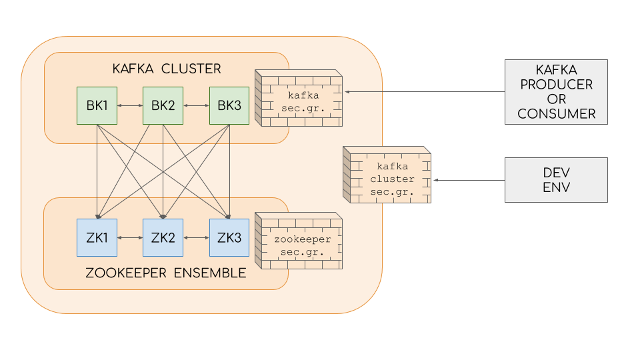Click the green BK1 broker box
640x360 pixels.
point(97,105)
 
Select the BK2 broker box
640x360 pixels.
point(163,105)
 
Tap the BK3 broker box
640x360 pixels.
point(229,105)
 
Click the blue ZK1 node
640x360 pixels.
point(97,237)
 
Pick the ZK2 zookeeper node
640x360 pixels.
point(163,237)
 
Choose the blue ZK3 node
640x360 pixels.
point(229,237)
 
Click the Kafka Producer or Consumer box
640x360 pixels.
point(556,91)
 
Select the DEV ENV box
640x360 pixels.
point(556,180)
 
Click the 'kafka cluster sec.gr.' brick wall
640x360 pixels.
point(387,175)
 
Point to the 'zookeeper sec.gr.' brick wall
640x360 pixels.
point(299,241)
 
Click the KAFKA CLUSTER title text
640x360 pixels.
point(166,69)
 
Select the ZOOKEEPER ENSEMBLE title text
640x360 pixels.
point(166,273)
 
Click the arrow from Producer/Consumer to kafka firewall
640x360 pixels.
point(424,91)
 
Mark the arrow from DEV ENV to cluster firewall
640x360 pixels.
point(468,180)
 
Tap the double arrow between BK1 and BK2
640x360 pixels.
point(130,105)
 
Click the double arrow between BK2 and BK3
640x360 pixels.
point(196,105)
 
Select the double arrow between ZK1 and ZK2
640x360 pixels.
point(130,237)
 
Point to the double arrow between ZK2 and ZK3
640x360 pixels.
point(196,237)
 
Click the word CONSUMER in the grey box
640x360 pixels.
point(556,114)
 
